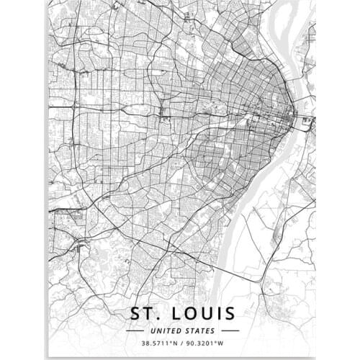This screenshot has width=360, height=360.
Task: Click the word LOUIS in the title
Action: [200, 313]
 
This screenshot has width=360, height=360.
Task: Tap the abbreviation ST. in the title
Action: [143, 313]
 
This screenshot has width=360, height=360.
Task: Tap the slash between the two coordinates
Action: [179, 343]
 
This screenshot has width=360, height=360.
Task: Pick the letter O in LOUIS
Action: [186, 313]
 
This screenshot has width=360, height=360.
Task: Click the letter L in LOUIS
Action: [171, 313]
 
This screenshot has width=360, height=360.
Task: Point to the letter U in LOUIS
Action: [203, 313]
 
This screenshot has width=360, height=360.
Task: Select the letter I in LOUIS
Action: [216, 313]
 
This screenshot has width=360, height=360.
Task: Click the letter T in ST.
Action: [147, 313]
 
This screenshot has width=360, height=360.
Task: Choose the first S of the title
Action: [133, 313]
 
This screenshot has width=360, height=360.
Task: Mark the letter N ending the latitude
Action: [173, 343]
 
